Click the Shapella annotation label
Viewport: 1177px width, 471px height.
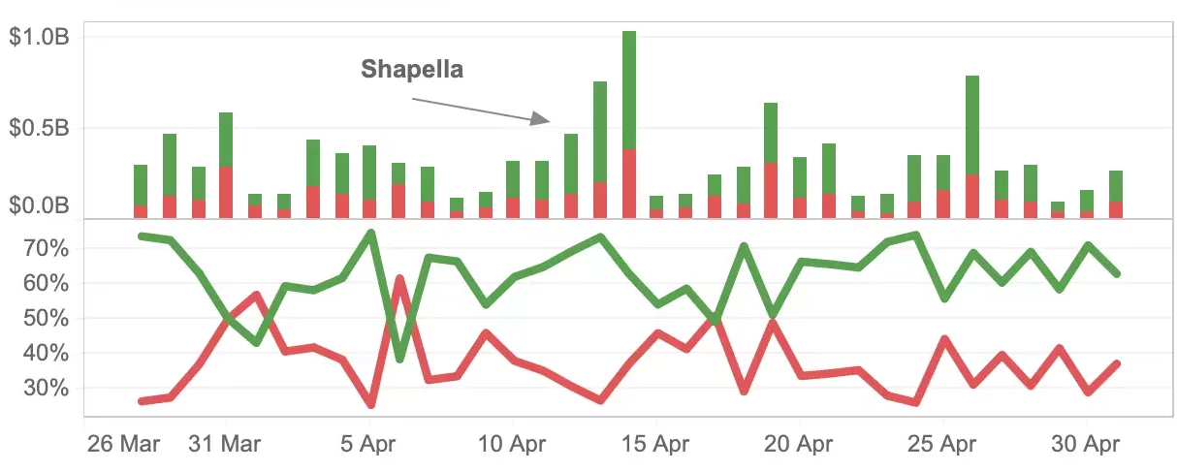(x=412, y=70)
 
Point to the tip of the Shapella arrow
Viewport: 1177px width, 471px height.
(x=548, y=121)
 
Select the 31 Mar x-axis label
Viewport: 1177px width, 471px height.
(x=226, y=445)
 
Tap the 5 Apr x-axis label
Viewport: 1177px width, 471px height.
(x=369, y=445)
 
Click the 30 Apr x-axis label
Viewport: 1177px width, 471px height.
(x=1087, y=445)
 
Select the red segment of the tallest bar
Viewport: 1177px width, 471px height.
(x=629, y=183)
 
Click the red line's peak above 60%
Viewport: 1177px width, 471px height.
(x=399, y=278)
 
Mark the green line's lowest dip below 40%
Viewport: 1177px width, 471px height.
(x=399, y=360)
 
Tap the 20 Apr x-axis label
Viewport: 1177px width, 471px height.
(x=800, y=445)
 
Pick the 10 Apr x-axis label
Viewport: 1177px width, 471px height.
(x=513, y=445)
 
